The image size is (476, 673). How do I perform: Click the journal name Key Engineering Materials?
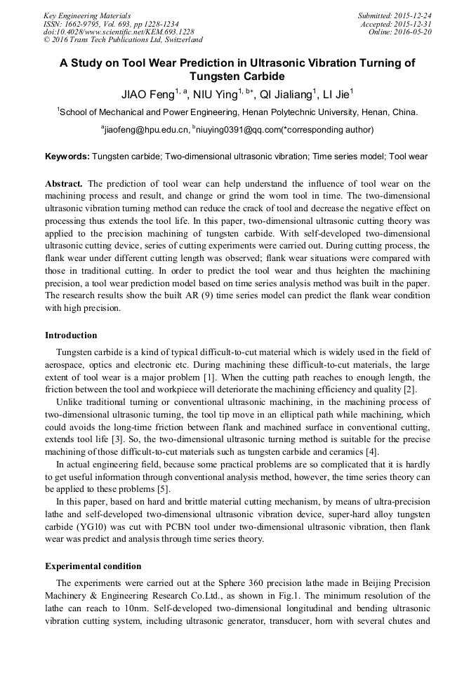pos(87,15)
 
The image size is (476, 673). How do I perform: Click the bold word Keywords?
pos(67,156)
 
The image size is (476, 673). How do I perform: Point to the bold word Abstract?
pos(64,183)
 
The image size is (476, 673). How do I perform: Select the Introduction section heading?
pos(71,335)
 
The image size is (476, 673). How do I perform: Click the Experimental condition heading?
pos(93,566)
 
